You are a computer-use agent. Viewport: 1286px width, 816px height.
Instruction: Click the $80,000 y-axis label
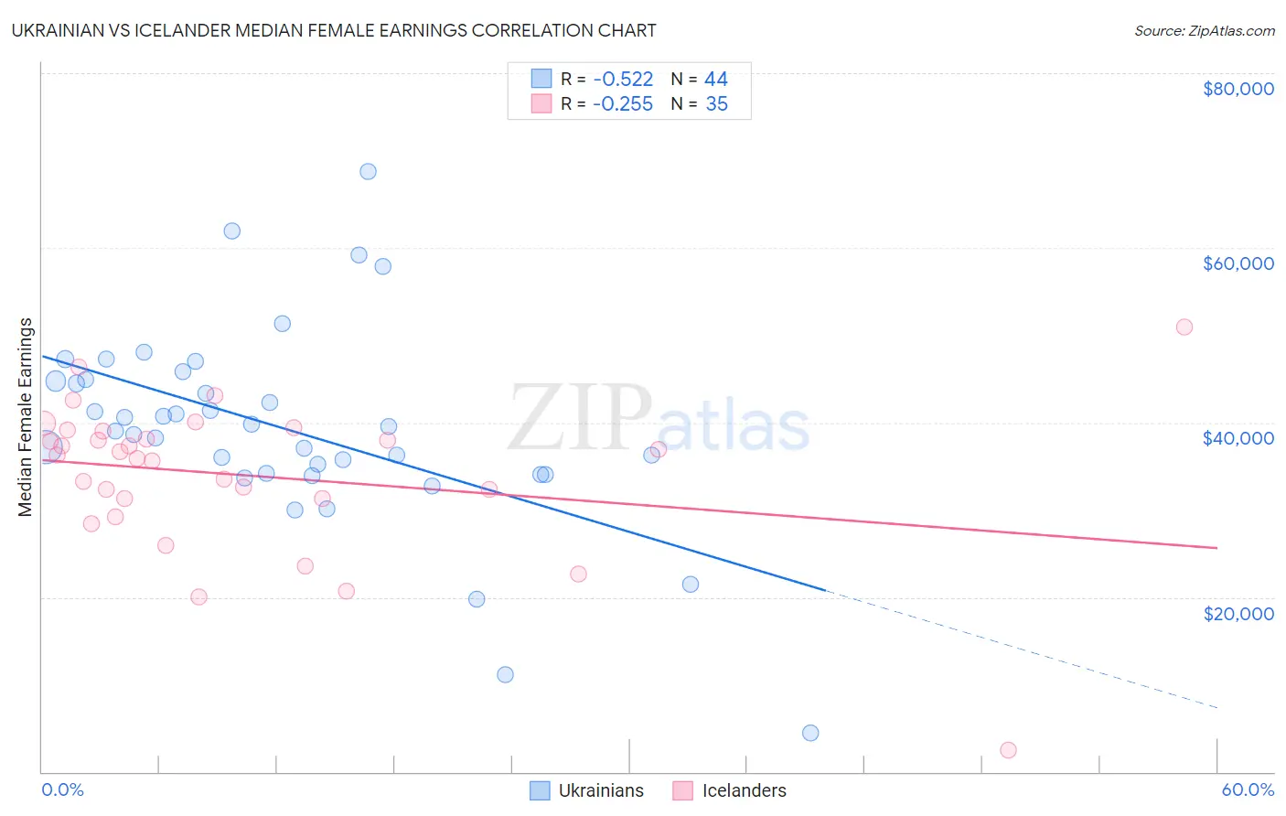pos(1238,89)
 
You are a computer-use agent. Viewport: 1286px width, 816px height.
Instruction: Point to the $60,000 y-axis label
pos(1238,263)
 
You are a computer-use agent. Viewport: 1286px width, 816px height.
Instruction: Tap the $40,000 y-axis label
pos(1238,438)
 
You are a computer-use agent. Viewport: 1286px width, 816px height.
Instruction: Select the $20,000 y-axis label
pos(1238,613)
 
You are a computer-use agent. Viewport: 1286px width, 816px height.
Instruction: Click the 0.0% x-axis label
pos(62,789)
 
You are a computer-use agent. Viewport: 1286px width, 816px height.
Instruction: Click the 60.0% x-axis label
pos(1247,789)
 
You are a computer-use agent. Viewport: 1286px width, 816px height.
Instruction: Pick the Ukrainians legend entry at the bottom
pos(587,790)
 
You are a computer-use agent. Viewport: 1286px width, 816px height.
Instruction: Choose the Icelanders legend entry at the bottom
pos(730,790)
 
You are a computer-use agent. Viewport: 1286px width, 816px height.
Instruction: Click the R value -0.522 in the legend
pos(622,79)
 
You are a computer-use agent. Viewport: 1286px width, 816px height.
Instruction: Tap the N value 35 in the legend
pos(716,104)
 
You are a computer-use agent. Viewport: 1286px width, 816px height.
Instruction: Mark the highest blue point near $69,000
pos(368,171)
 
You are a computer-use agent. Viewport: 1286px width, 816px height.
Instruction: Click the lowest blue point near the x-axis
pos(810,733)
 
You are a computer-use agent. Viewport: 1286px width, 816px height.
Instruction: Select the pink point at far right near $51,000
pos(1184,327)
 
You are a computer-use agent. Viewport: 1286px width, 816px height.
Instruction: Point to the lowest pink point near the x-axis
pos(1008,750)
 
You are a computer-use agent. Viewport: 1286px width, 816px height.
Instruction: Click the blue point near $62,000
pos(232,231)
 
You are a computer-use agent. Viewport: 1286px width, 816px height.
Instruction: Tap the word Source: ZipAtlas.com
pos(1204,30)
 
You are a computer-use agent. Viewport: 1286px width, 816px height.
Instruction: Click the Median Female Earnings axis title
pos(26,416)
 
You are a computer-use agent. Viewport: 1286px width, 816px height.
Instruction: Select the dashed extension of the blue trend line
pos(1024,650)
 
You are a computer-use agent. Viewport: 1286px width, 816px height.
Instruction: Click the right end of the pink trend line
pos(1216,547)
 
